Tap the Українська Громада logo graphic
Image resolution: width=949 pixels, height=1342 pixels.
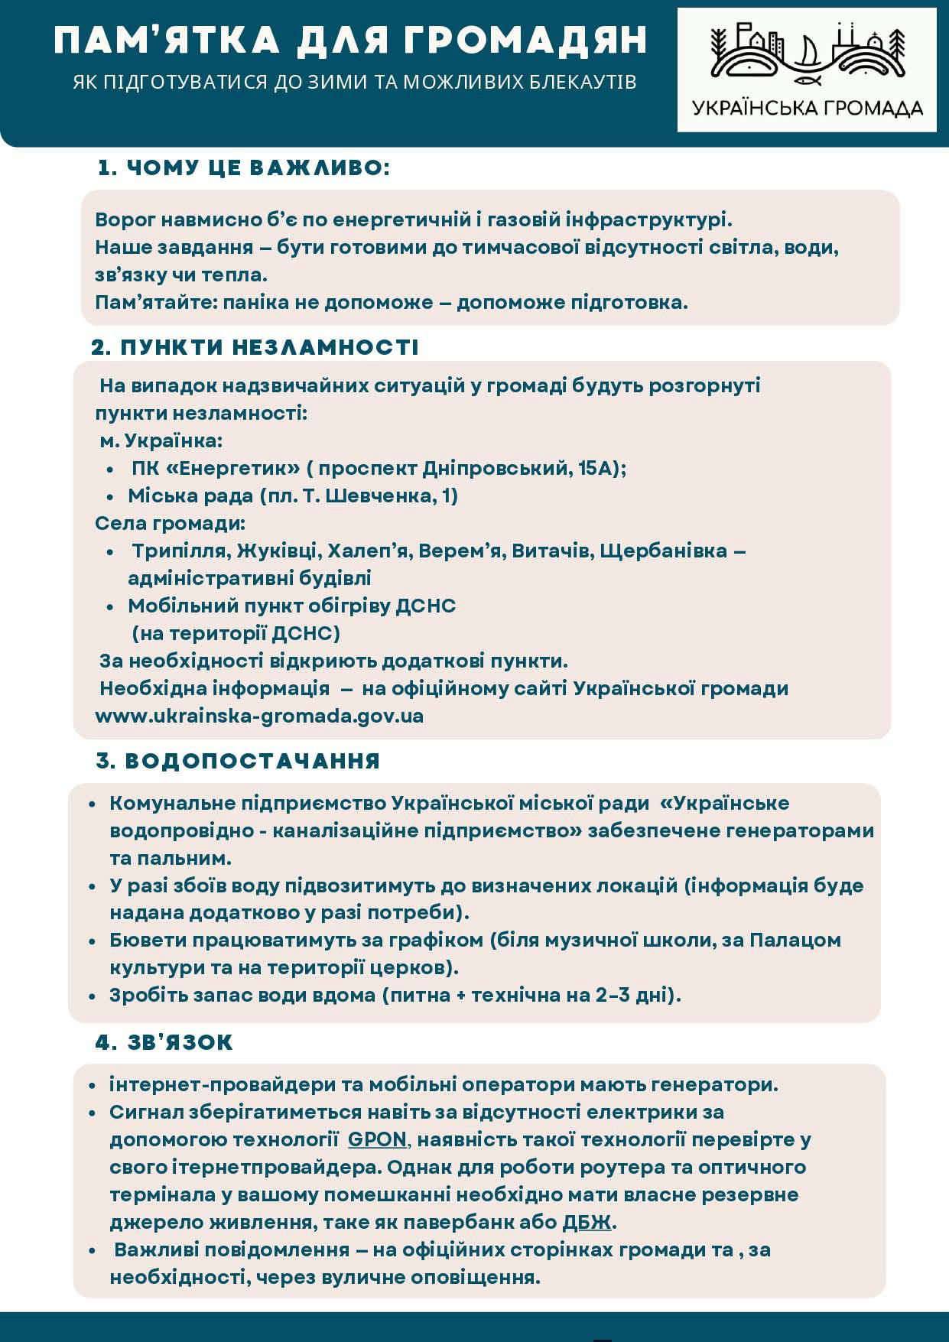click(806, 53)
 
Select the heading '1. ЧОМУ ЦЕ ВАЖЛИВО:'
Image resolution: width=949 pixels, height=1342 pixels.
click(244, 168)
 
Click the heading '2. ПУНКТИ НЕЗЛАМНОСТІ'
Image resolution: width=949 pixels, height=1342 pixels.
click(255, 347)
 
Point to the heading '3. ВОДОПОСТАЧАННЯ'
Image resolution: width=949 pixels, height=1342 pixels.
click(238, 761)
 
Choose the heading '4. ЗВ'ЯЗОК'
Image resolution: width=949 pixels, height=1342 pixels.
click(164, 1042)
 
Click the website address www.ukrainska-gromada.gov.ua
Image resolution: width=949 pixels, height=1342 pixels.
click(259, 716)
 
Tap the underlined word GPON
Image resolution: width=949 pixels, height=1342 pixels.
click(377, 1139)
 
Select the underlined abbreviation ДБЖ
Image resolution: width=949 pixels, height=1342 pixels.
click(587, 1222)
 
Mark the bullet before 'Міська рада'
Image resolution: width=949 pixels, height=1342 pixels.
click(112, 496)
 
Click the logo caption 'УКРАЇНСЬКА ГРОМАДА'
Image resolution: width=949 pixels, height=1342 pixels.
click(807, 108)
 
